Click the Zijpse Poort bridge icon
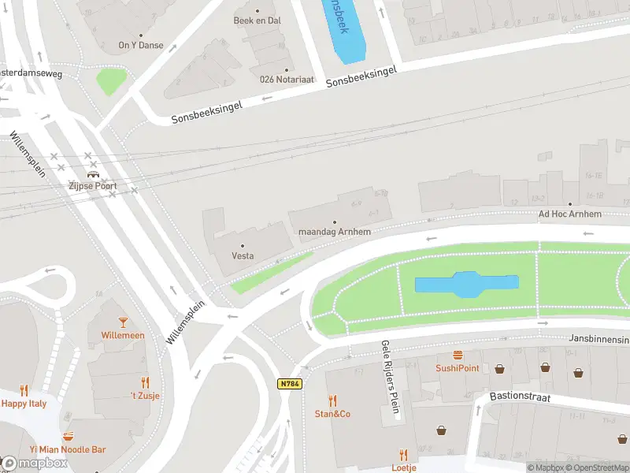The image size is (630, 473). pos(93,174)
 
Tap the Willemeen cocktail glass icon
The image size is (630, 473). pos(123,322)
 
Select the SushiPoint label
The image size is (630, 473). pos(458,368)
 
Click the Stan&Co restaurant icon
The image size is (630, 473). pos(332,400)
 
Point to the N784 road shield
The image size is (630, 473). pos(289,384)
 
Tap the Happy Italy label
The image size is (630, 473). pos(24,403)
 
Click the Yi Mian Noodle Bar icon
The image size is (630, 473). pos(69,436)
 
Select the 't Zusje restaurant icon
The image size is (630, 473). pos(145,382)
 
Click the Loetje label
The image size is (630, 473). pos(403,467)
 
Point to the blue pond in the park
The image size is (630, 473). pos(466,285)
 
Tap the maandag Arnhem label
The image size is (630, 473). pos(335,233)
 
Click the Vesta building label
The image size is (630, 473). pos(243,256)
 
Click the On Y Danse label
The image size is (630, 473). pos(141,45)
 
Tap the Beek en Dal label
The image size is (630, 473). pos(257,20)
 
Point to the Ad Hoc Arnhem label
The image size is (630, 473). pos(569,214)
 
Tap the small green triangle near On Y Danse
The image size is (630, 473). pos(111,80)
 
